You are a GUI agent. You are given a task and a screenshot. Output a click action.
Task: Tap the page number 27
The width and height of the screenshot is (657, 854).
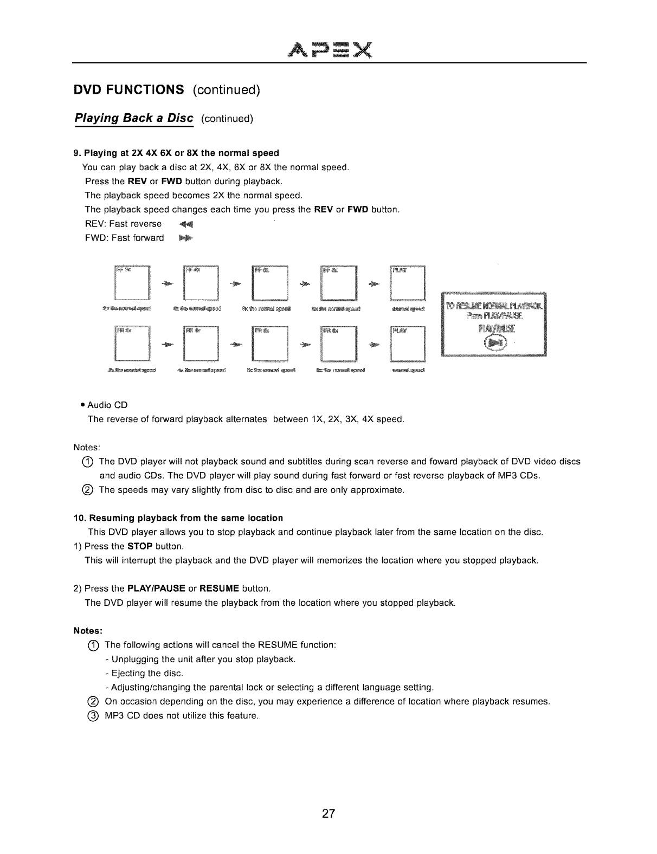click(x=328, y=814)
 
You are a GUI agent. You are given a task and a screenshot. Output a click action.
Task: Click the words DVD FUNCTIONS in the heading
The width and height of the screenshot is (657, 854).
click(x=129, y=89)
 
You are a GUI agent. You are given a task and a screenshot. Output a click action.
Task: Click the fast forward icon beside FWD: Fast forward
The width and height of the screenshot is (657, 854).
click(x=185, y=238)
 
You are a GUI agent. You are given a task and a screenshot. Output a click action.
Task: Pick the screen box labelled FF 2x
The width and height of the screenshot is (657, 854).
click(x=132, y=282)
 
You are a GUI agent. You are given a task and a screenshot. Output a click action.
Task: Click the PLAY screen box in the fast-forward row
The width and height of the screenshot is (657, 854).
click(x=408, y=282)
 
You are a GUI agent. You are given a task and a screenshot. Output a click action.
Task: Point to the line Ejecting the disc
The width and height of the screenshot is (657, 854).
click(x=147, y=674)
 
